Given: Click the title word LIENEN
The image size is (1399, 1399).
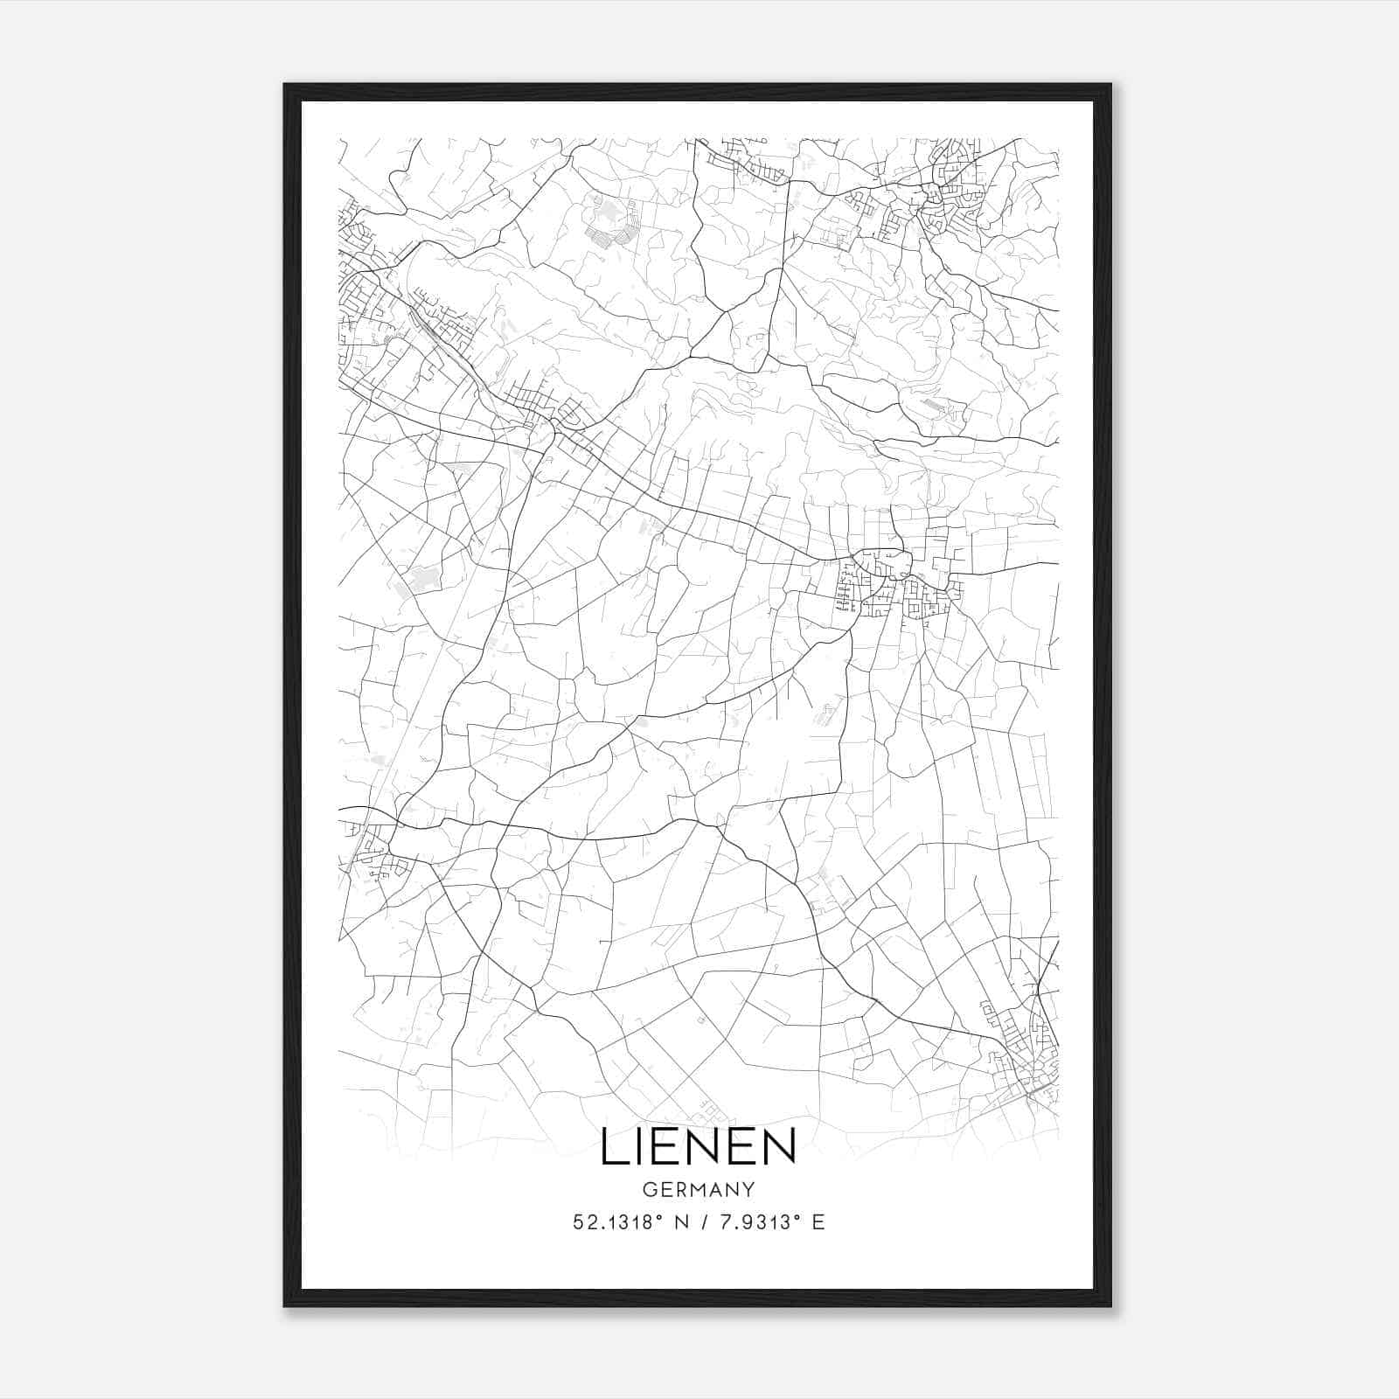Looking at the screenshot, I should coord(698,1147).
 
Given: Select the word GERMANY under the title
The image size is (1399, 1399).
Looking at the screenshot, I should coord(698,1190).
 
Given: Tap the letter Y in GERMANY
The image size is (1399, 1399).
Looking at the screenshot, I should coord(748,1190).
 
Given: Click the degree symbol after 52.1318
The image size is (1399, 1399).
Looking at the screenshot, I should coord(652,1218).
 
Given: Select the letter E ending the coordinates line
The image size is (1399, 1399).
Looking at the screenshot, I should coord(818,1222).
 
